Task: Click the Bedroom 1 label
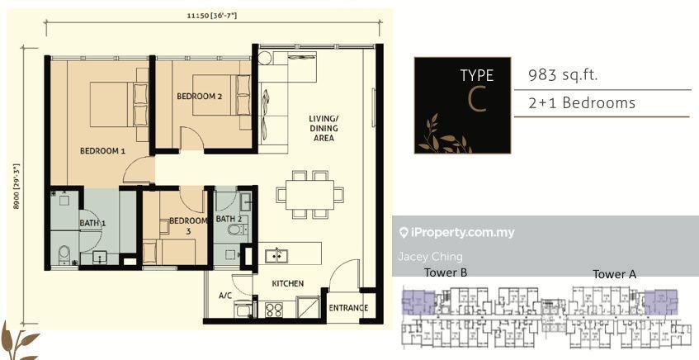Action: tap(102, 151)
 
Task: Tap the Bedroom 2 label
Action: tap(199, 96)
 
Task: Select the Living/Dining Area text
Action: tap(324, 128)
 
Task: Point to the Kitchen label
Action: tap(288, 283)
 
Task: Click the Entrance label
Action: tap(348, 308)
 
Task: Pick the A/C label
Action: tap(225, 296)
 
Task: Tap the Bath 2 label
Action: tap(229, 219)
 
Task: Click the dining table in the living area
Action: tap(309, 195)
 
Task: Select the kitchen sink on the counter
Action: tap(276, 256)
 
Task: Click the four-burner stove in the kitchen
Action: tap(274, 310)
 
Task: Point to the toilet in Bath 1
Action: tap(64, 253)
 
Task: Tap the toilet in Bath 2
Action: tap(234, 230)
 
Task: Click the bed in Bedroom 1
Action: tap(119, 104)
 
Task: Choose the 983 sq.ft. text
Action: tap(563, 75)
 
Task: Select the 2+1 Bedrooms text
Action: tap(582, 103)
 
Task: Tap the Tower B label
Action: tap(446, 272)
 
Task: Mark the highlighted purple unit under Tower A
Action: tap(661, 302)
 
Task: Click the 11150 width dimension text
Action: tap(212, 17)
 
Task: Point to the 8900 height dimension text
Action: tap(17, 186)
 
